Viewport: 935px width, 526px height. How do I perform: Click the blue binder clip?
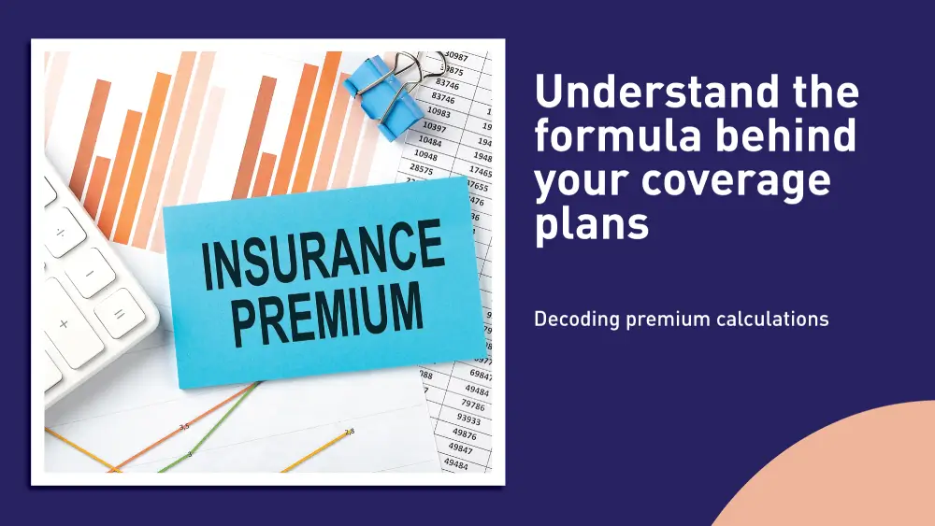pyautogui.click(x=383, y=93)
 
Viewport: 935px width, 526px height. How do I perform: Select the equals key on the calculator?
pyautogui.click(x=118, y=313)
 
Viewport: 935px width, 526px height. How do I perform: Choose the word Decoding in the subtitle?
pyautogui.click(x=576, y=320)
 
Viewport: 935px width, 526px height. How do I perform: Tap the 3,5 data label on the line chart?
pyautogui.click(x=184, y=426)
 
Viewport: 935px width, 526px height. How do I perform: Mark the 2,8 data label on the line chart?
pyautogui.click(x=349, y=432)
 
